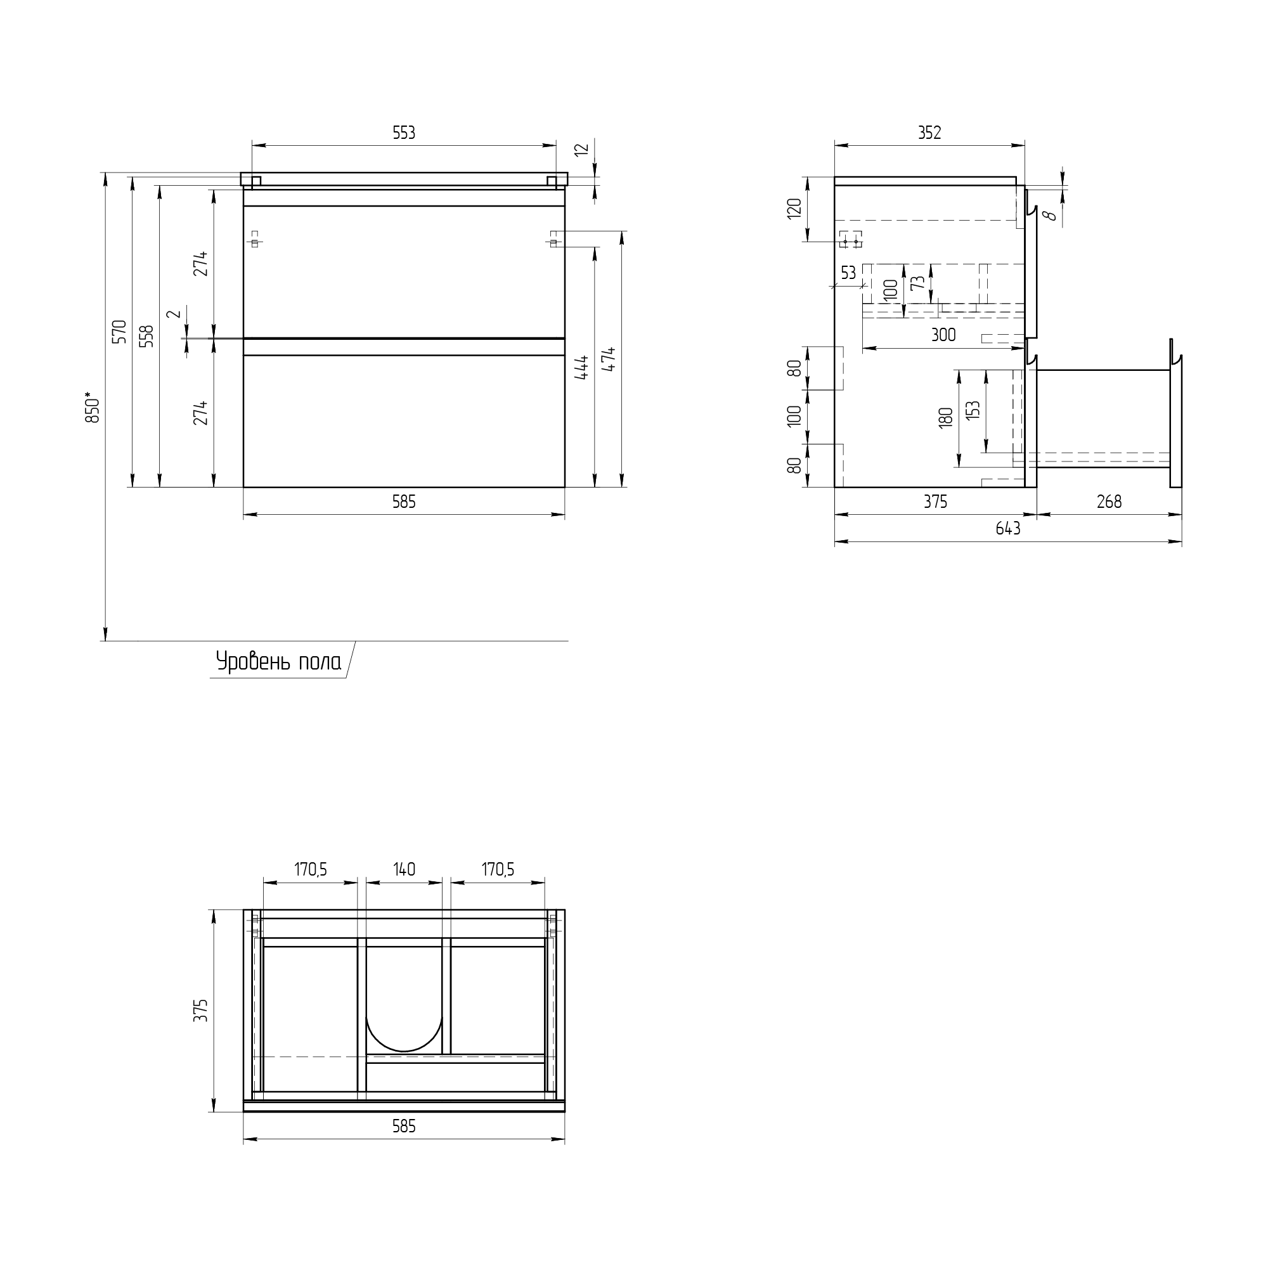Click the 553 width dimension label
point(404,133)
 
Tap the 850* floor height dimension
point(93,408)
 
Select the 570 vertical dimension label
point(119,332)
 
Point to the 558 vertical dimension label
point(147,335)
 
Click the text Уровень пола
point(279,661)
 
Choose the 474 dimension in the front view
point(610,359)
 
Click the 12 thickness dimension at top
point(582,150)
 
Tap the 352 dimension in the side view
point(929,133)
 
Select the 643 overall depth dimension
point(1008,528)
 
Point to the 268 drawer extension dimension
point(1109,501)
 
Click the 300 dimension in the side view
point(943,335)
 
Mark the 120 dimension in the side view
point(795,208)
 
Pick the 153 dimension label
point(973,410)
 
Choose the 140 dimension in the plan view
point(404,869)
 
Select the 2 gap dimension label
point(174,314)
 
